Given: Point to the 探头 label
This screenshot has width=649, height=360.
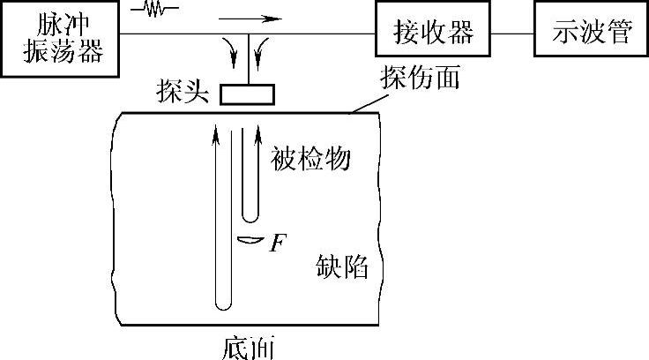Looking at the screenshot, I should point(181,92).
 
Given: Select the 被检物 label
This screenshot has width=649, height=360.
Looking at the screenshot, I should point(310,159).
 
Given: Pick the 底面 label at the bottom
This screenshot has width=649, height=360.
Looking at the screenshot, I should point(250,343).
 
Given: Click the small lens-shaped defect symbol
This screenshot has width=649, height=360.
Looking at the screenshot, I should point(250,239).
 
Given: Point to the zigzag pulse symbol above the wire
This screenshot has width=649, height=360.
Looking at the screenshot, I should point(156,10).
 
